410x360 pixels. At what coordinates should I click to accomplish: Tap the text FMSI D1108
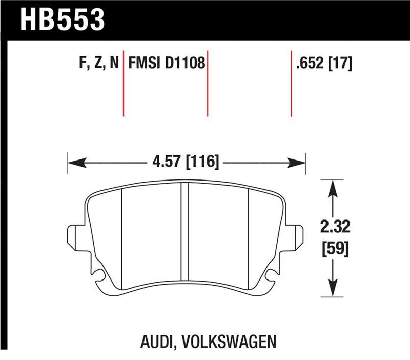pyautogui.click(x=167, y=64)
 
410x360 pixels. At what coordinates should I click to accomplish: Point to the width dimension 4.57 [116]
pyautogui.click(x=186, y=163)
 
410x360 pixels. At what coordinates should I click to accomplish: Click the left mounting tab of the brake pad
pyautogui.click(x=75, y=236)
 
